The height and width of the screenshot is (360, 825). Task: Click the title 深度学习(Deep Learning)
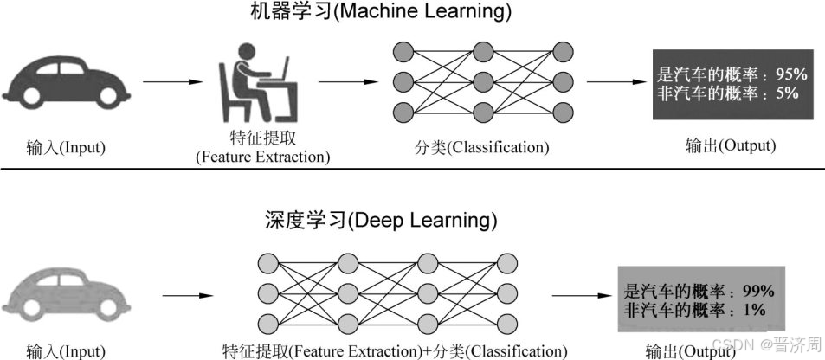tap(381, 220)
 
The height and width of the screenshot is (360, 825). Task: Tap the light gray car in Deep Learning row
tap(65, 294)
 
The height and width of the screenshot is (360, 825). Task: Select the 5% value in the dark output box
tap(788, 93)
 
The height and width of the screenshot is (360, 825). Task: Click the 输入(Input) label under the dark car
tap(65, 147)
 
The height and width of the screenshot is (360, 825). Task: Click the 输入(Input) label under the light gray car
tap(65, 351)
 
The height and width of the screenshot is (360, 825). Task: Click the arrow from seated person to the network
tap(347, 83)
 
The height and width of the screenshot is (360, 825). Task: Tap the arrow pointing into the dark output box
tap(617, 83)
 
